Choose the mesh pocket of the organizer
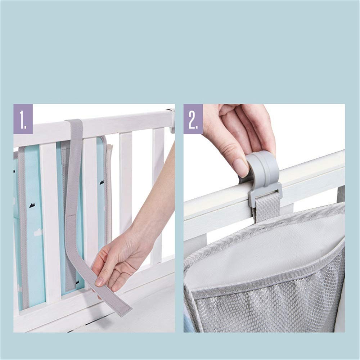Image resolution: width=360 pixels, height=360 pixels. [x=266, y=306]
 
